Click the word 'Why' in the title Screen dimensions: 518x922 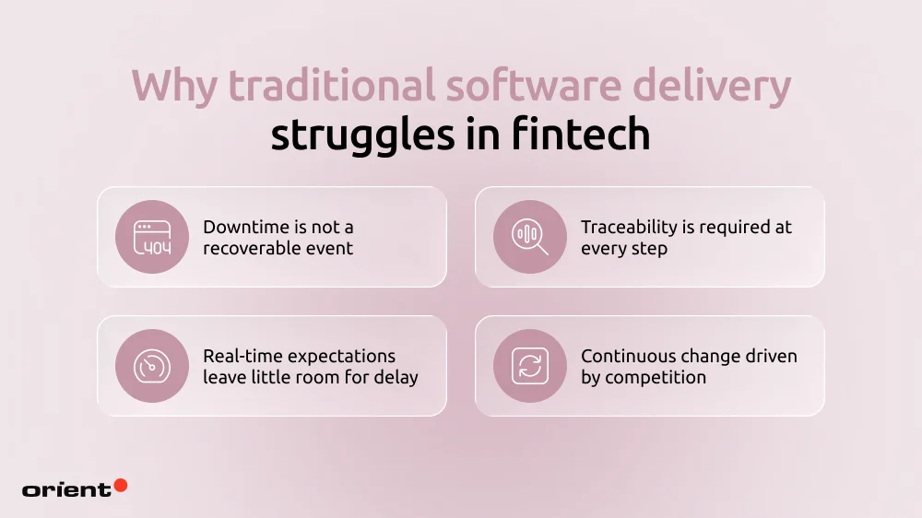pos(174,87)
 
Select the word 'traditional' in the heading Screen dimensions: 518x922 pos(329,87)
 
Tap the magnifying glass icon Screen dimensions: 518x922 pos(530,237)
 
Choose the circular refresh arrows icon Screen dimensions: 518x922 pos(530,366)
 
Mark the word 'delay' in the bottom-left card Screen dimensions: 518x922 pos(396,377)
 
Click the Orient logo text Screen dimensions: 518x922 pos(65,489)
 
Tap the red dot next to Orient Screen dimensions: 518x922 pos(120,485)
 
